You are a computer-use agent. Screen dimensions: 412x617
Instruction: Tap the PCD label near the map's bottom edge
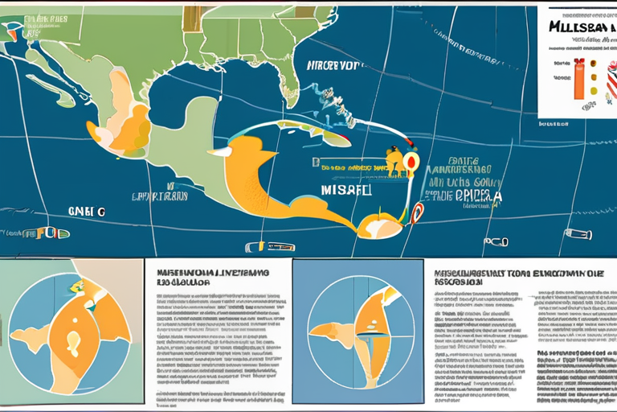(x=496, y=241)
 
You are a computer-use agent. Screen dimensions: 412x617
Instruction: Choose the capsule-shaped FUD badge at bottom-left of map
(x=47, y=233)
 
